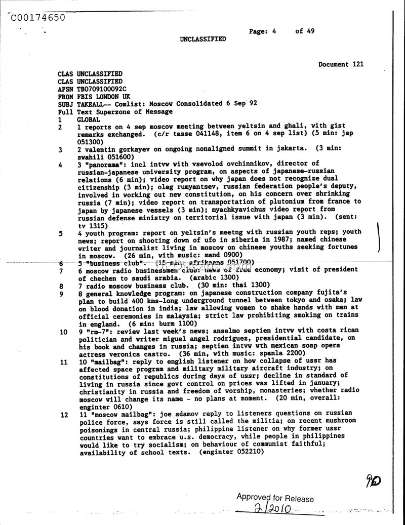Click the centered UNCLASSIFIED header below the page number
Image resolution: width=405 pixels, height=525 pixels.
pos(202,39)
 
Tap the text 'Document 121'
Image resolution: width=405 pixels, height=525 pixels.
pos(341,64)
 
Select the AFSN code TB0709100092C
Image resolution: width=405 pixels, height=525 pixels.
pos(101,89)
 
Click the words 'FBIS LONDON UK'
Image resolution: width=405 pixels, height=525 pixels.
pos(103,96)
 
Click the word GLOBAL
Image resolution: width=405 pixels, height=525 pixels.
pos(88,119)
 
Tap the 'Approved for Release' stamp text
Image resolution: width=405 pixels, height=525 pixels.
pos(275,498)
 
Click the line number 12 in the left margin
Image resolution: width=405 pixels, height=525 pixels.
pos(64,415)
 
